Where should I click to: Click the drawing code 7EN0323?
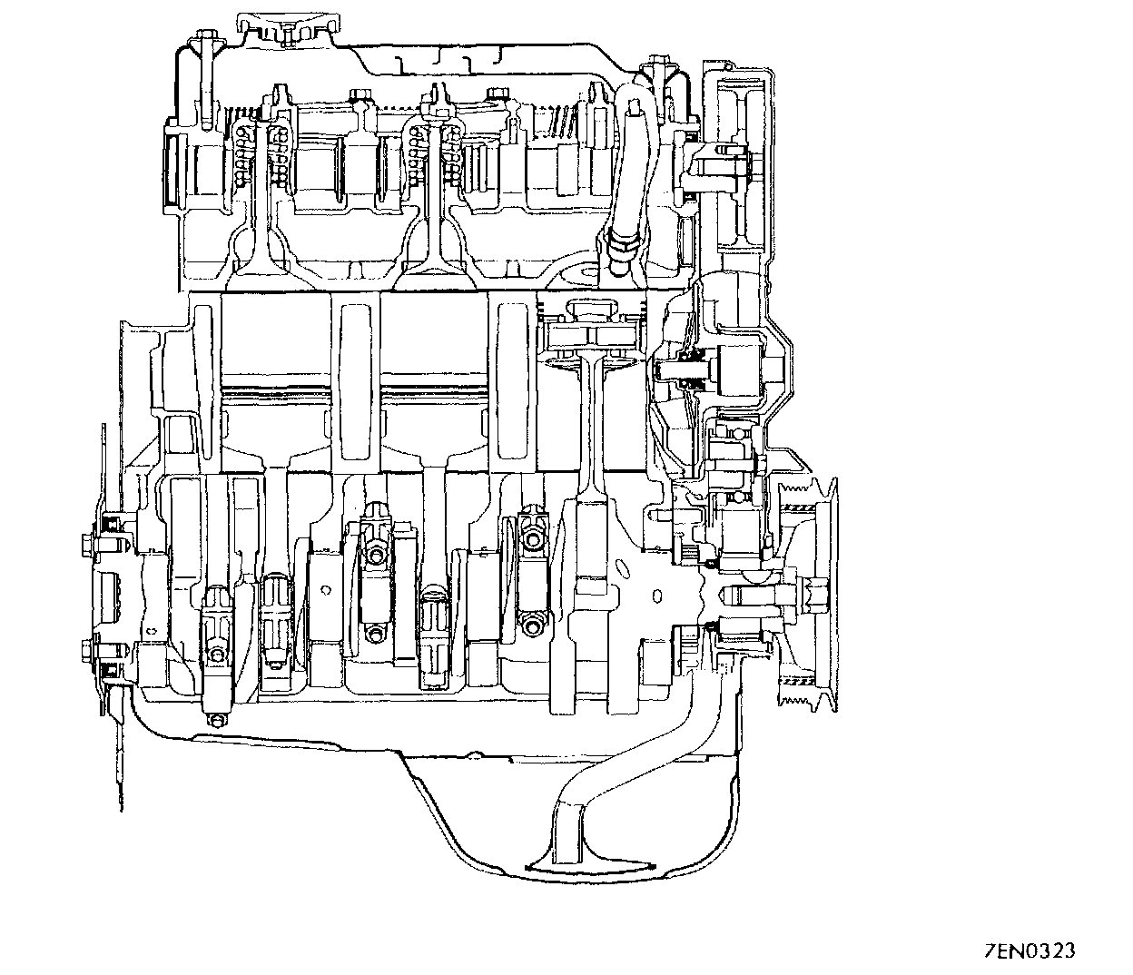tap(1030, 950)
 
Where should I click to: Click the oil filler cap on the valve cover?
tap(286, 30)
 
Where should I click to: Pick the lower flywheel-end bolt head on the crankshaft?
tap(87, 650)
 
